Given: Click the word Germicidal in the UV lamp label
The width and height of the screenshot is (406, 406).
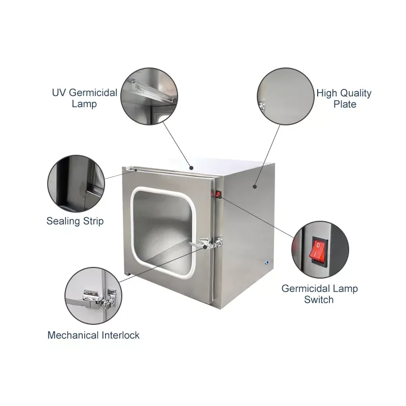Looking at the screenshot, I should click(93, 93).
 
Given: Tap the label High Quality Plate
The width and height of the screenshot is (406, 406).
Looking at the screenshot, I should click(344, 98).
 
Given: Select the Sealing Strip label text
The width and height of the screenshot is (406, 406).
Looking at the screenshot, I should click(75, 221).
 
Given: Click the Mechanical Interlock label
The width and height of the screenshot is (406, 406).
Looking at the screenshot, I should click(93, 335).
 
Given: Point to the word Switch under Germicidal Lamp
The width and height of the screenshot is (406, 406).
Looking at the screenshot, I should click(319, 299).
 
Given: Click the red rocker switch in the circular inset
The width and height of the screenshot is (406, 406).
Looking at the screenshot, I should click(317, 250).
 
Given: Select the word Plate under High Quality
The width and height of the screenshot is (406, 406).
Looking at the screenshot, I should click(345, 105).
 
